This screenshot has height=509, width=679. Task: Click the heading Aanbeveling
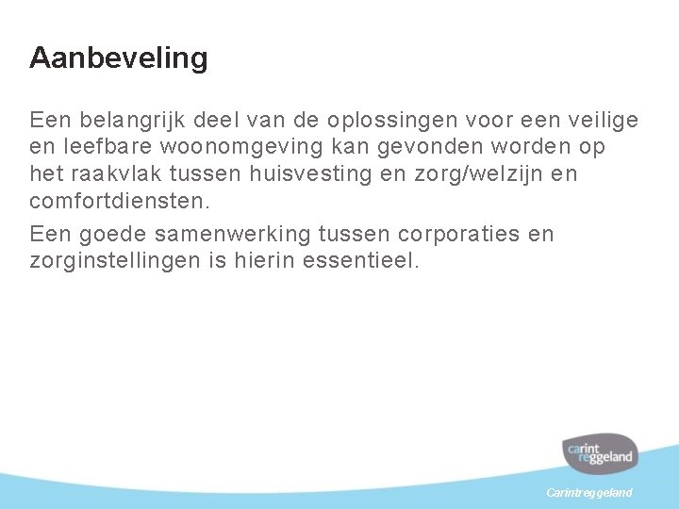(118, 58)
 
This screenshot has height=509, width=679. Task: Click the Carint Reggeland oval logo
(599, 454)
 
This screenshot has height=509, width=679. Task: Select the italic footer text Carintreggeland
(590, 493)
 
